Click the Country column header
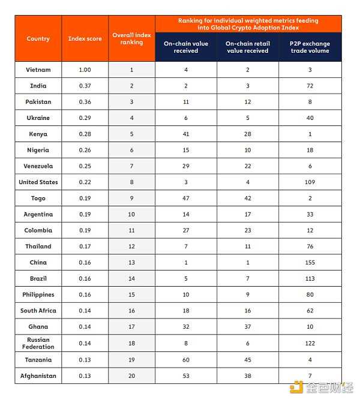click(x=38, y=39)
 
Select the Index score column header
click(x=85, y=39)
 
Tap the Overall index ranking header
click(x=132, y=39)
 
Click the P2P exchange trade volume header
click(x=310, y=47)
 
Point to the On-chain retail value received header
click(x=248, y=47)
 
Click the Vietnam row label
click(x=38, y=70)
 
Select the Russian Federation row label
click(x=38, y=343)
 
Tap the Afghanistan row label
click(x=38, y=375)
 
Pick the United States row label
click(x=38, y=182)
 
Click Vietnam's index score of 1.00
click(x=85, y=70)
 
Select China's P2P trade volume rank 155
click(x=310, y=263)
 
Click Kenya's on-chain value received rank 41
click(x=185, y=134)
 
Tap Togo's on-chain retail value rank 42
click(x=248, y=199)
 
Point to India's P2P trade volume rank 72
click(x=310, y=86)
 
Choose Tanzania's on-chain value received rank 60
click(x=185, y=360)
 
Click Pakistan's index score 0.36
click(x=85, y=102)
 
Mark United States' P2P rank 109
click(x=310, y=182)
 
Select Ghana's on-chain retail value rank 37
click(x=248, y=327)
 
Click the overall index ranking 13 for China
click(x=132, y=263)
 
